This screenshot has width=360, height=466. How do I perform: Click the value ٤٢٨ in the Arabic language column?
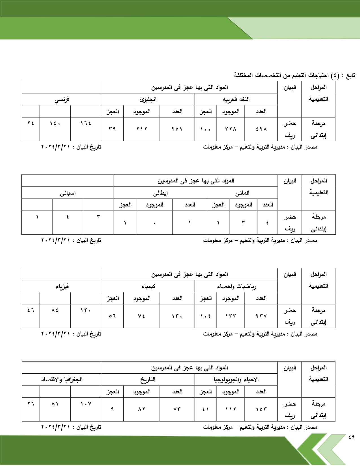261,129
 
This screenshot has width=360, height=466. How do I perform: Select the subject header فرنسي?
62,100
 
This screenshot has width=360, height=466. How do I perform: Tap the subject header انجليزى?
148,100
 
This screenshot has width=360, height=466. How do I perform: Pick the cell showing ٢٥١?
177,129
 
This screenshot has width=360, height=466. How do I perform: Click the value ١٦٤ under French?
86,123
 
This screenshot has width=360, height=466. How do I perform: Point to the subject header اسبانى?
68,193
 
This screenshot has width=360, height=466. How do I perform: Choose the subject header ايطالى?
160,193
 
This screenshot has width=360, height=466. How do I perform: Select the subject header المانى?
242,193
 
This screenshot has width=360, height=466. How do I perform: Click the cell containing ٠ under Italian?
154,223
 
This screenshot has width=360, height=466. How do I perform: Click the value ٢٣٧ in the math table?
261,316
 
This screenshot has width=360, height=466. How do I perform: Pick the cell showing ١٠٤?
205,316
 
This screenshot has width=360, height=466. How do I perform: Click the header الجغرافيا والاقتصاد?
62,380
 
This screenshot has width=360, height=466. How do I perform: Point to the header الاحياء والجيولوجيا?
236,380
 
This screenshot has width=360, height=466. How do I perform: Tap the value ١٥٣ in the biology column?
261,409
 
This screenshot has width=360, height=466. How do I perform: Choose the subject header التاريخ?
148,380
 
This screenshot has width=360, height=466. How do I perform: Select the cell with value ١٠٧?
86,404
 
